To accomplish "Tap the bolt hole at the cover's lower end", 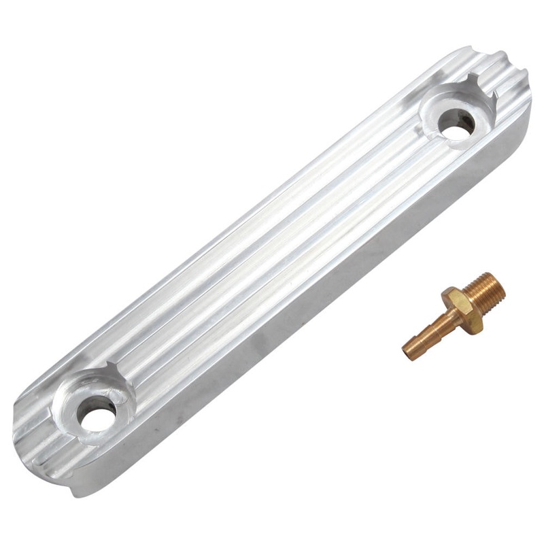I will tap(94, 416).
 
